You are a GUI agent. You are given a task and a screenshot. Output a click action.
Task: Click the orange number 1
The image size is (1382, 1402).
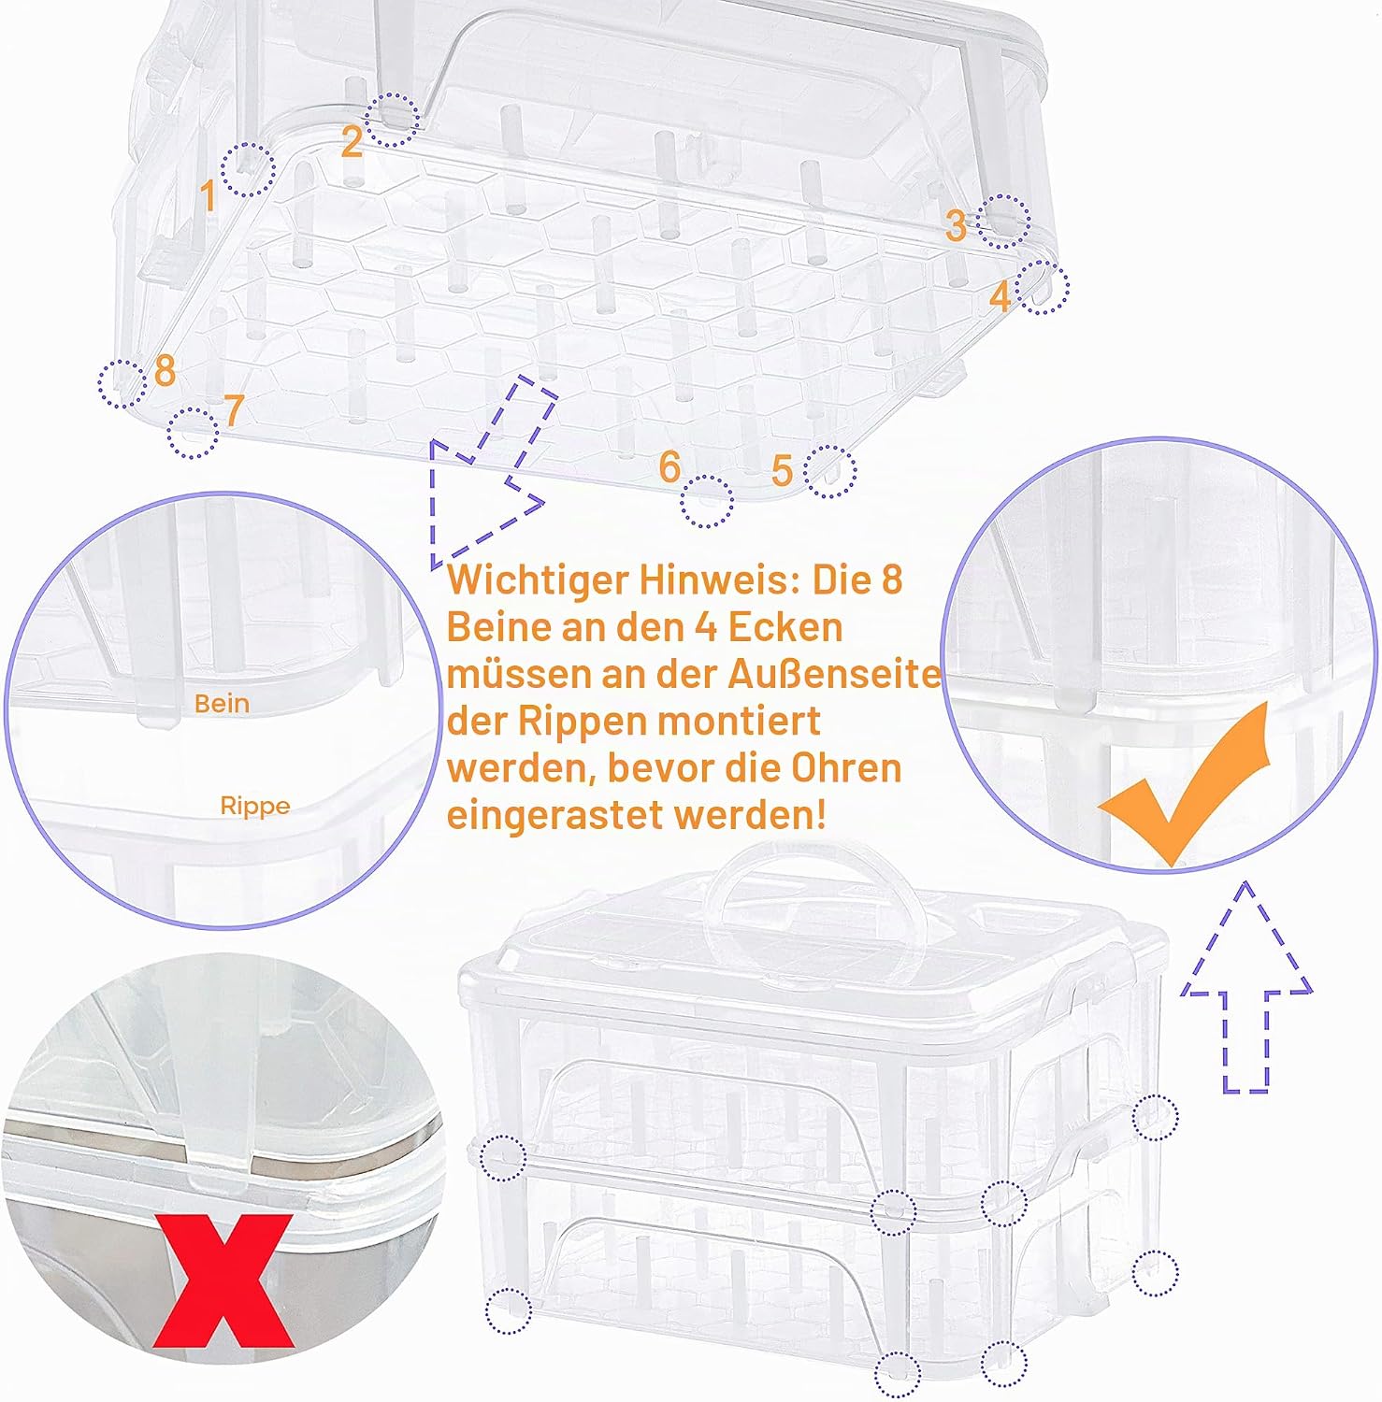(x=209, y=196)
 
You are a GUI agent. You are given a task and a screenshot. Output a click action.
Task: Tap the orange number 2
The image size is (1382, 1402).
(x=352, y=141)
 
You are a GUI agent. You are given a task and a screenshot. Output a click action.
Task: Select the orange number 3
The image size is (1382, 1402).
(x=955, y=225)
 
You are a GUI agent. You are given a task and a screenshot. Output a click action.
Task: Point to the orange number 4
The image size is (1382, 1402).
(x=1001, y=296)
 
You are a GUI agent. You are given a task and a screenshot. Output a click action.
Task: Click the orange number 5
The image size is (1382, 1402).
(x=783, y=470)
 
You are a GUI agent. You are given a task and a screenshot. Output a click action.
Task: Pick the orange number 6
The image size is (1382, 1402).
(x=669, y=466)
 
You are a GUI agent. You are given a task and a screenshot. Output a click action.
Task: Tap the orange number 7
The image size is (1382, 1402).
(x=234, y=409)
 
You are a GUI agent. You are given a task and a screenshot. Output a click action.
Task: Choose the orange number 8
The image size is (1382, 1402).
(x=165, y=370)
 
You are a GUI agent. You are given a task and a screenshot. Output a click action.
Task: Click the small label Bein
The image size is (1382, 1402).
(x=222, y=704)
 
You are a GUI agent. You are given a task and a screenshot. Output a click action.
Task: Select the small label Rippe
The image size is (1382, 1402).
(x=255, y=806)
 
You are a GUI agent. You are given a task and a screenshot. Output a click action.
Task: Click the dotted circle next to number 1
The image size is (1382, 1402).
(x=248, y=169)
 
